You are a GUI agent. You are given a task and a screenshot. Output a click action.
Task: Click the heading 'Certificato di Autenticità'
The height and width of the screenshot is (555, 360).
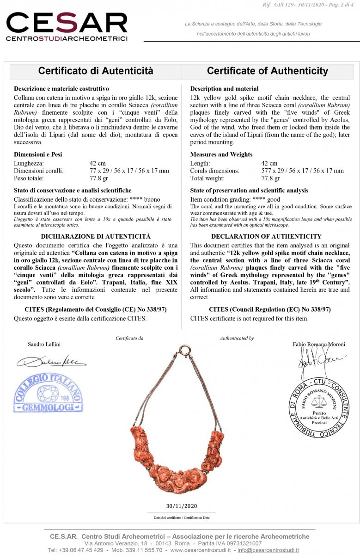96,71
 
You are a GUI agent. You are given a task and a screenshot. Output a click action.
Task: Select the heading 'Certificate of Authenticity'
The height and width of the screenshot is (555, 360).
267,71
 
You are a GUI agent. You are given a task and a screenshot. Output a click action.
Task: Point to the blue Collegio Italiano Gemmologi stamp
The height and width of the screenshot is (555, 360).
48,394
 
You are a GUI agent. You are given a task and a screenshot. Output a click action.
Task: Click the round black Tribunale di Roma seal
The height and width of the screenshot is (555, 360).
319,407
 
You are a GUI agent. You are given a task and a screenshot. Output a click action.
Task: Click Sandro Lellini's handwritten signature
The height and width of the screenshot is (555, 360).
51,361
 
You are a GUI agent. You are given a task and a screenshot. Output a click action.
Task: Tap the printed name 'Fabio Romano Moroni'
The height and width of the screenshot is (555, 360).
319,345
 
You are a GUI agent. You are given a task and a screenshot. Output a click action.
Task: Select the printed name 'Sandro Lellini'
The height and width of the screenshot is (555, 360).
44,345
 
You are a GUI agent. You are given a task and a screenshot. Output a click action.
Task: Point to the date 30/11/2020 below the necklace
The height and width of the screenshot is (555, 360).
181,506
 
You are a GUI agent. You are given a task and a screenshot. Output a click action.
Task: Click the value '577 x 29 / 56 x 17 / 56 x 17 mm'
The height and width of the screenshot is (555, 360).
302,171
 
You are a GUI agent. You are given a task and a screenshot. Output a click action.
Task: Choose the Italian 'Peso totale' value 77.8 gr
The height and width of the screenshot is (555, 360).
99,178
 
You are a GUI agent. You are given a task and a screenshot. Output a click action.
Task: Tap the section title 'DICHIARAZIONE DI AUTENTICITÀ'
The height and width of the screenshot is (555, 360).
96,236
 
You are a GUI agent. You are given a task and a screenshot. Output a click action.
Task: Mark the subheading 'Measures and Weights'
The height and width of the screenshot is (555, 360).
221,154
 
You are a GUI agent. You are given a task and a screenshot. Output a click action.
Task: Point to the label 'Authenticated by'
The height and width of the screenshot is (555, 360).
236,338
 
